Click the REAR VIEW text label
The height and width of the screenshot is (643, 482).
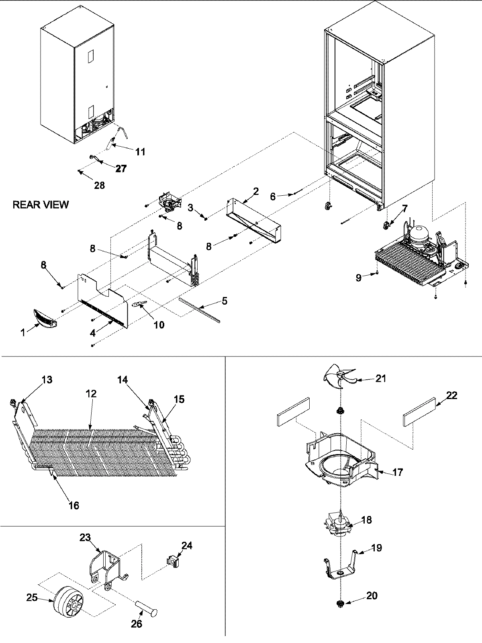[41, 205]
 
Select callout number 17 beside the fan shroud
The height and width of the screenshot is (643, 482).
[397, 472]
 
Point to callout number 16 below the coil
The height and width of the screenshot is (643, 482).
[74, 505]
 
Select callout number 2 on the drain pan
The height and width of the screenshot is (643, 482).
[255, 191]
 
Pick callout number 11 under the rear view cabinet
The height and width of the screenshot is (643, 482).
[140, 152]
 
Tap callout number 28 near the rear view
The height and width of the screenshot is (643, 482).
[99, 185]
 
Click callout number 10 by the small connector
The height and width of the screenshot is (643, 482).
[159, 324]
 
